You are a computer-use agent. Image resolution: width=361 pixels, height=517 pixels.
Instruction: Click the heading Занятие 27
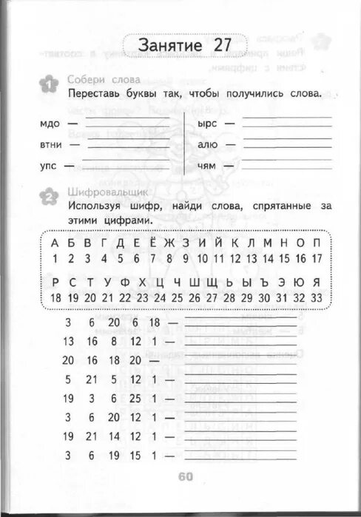[x=185, y=44]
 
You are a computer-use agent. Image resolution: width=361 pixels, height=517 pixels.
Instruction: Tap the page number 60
[x=185, y=476]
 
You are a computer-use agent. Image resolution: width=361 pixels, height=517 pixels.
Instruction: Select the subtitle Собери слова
[x=97, y=80]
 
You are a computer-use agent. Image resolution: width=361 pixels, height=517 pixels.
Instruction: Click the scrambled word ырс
[x=207, y=124]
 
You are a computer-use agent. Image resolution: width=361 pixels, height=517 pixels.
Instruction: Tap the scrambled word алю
[x=207, y=145]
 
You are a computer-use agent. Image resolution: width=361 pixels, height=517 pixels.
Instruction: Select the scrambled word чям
[x=206, y=166]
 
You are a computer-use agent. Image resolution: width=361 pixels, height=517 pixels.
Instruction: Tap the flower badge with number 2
[x=48, y=196]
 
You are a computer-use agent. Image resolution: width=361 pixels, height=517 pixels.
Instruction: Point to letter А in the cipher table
[x=54, y=243]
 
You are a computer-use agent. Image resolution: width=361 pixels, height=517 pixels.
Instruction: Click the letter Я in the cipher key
[x=316, y=282]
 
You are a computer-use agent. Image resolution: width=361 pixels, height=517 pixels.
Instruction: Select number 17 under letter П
[x=316, y=258]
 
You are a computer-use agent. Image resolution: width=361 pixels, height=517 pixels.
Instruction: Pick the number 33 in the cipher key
[x=316, y=297]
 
